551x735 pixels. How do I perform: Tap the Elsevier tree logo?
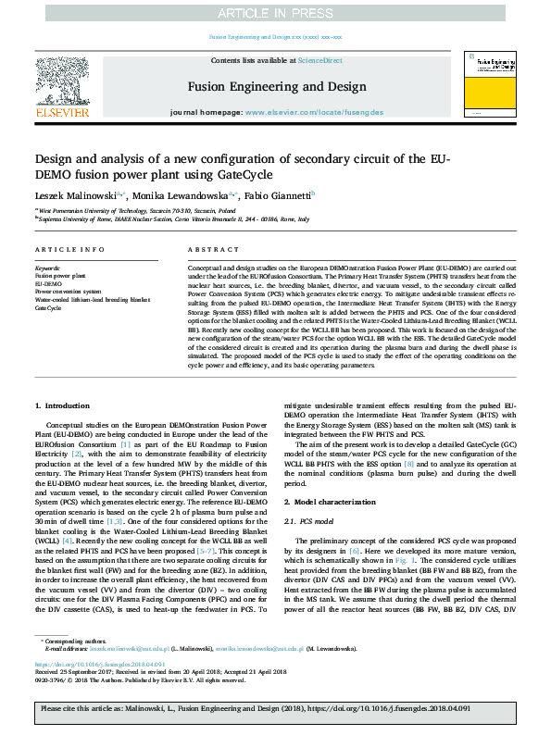click(62, 81)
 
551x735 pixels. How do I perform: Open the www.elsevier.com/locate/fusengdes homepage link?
click(319, 112)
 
